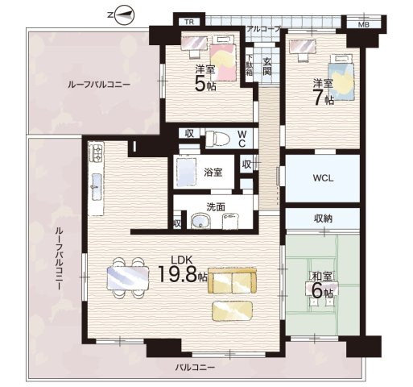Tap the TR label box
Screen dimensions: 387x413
coord(189,21)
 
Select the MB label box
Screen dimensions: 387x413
coord(362,22)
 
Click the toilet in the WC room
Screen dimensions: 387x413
coord(215,138)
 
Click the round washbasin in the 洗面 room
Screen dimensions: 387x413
coord(199,220)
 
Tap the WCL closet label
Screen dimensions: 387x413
coord(323,177)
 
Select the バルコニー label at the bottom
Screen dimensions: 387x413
coord(196,368)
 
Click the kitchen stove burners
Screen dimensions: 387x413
coord(94,151)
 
